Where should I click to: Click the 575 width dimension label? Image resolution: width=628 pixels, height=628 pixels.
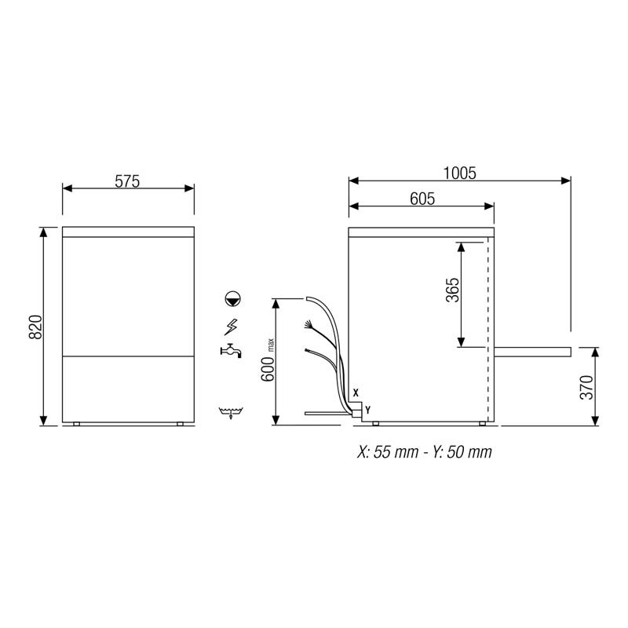(127, 181)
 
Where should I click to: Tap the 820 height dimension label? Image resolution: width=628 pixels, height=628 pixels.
(35, 327)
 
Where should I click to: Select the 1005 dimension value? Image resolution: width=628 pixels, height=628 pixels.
(460, 173)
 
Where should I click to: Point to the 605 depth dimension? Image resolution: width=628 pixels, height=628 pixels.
(422, 199)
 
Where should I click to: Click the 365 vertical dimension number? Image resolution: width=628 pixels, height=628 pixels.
(453, 290)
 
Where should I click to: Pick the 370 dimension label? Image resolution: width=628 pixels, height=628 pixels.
(586, 387)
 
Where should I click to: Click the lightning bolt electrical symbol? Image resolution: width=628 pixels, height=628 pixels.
(231, 327)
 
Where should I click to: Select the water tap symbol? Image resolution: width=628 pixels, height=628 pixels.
(231, 351)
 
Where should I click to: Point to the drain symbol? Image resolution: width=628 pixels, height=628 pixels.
(231, 413)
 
